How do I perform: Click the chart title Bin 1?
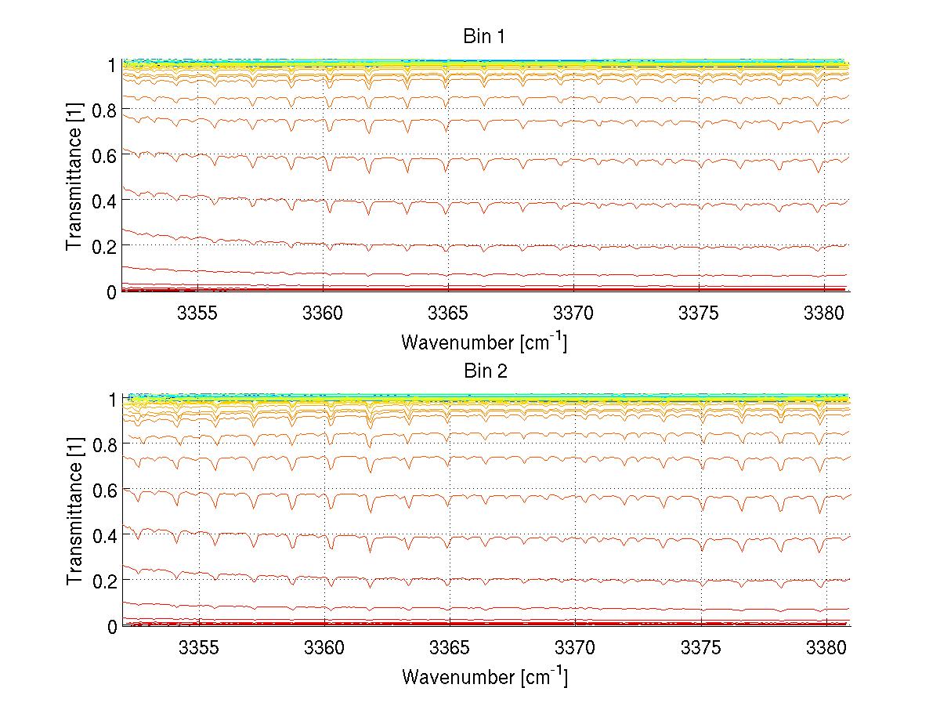pyautogui.click(x=486, y=36)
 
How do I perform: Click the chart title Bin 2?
pyautogui.click(x=486, y=371)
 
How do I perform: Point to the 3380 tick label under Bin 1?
pyautogui.click(x=826, y=313)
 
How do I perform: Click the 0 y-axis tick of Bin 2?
pyautogui.click(x=112, y=626)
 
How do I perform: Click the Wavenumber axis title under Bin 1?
pyautogui.click(x=484, y=342)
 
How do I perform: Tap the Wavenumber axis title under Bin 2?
pyautogui.click(x=484, y=676)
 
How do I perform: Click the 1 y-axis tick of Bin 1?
pyautogui.click(x=112, y=65)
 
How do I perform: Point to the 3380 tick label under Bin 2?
pyautogui.click(x=826, y=648)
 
